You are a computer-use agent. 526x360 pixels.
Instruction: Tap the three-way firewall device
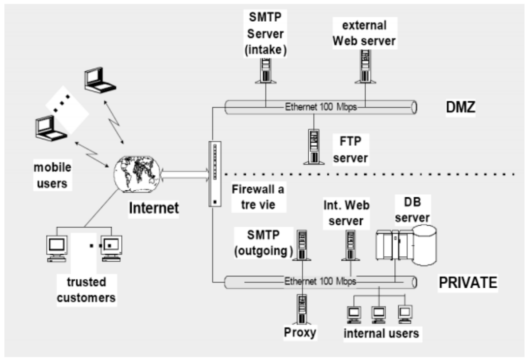pos(214,174)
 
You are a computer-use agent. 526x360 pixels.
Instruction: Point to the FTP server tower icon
pos(312,146)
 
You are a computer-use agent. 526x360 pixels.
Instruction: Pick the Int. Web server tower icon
pos(350,245)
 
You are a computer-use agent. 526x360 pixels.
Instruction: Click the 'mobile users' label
pos(52,175)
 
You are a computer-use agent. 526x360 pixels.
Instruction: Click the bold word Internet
pos(153,209)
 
